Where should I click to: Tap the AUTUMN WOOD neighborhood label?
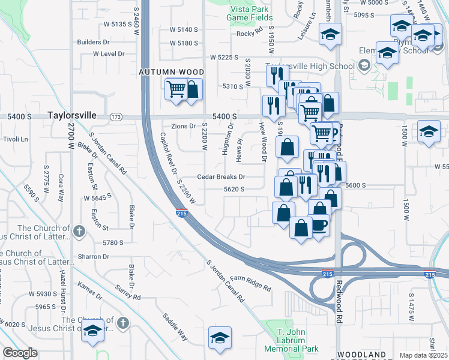[x=172, y=72]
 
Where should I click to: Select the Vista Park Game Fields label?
[x=250, y=13]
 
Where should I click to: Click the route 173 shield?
[x=116, y=116]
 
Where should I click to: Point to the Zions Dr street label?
[x=184, y=126]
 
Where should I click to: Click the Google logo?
[x=20, y=353]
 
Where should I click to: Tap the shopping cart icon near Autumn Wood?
[x=176, y=89]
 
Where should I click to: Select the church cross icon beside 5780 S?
[x=79, y=231]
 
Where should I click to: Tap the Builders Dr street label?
[x=93, y=42]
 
